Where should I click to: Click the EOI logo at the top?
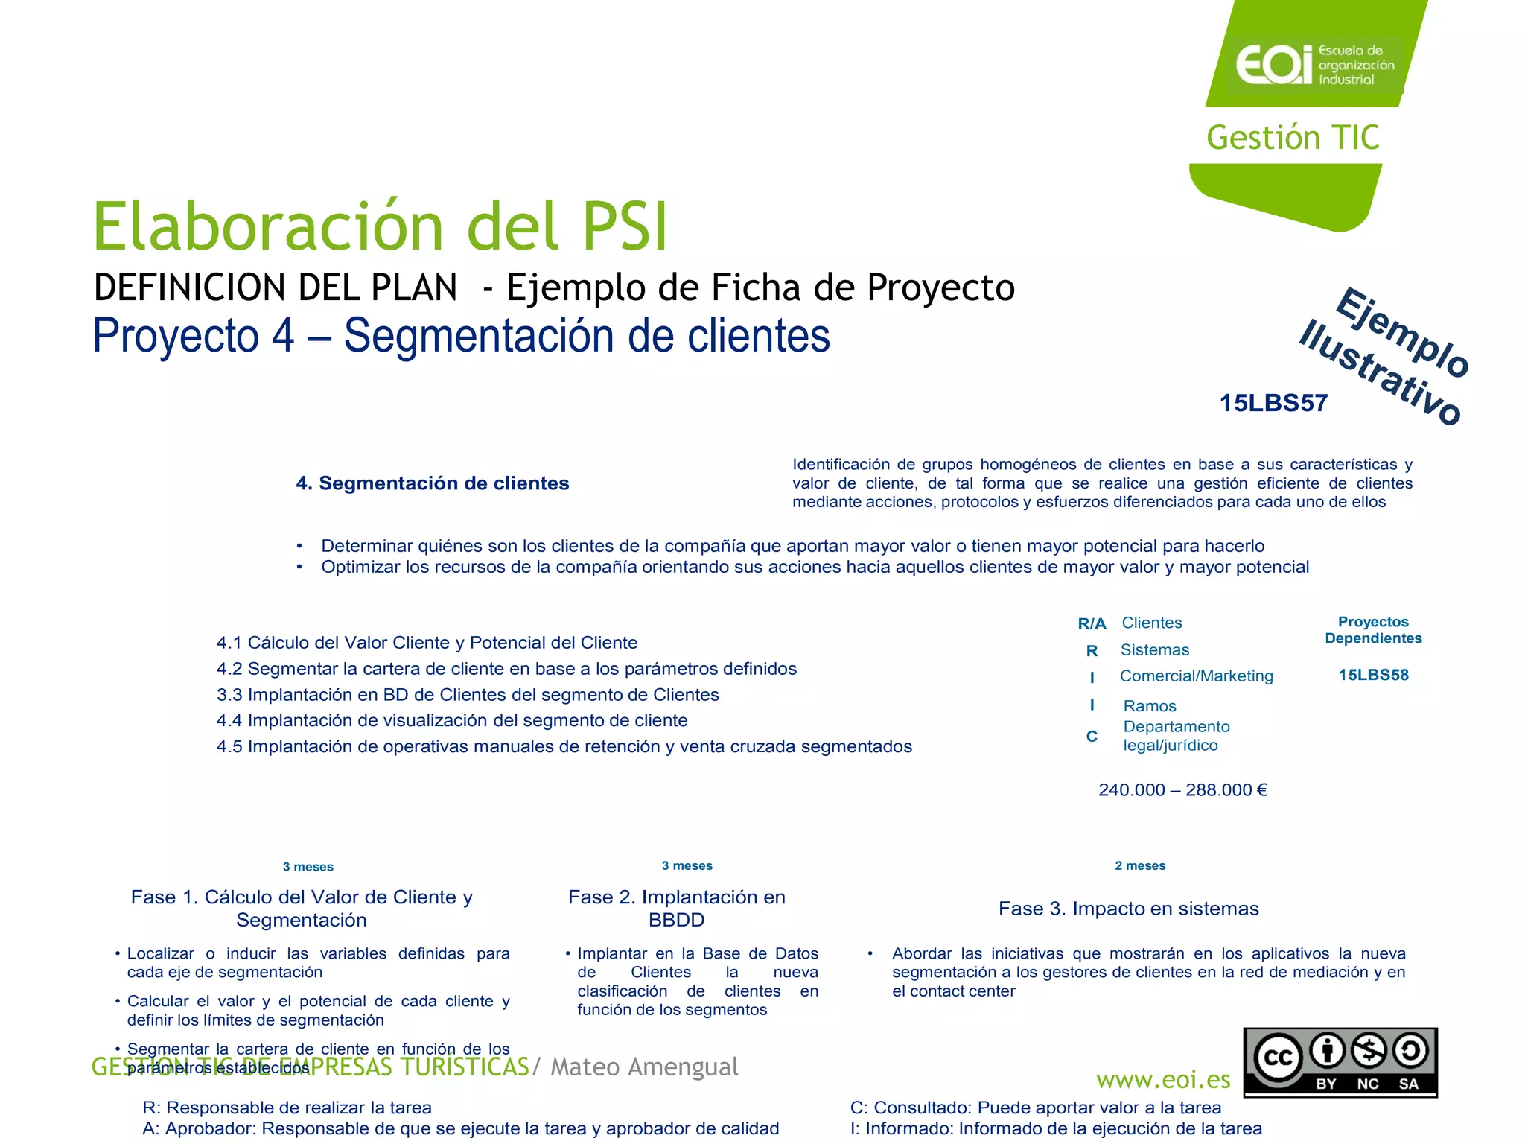1314,64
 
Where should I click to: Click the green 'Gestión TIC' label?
1293,138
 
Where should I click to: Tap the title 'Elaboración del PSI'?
380,226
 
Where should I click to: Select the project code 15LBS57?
1273,403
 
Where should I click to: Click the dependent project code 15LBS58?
1373,675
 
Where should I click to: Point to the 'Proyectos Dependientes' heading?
1373,630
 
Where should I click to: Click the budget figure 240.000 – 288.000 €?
1182,789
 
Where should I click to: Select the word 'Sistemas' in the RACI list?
1155,649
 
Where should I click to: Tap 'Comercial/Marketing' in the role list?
1197,676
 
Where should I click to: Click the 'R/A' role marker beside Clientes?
1092,623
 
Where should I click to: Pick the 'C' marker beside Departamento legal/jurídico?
1092,736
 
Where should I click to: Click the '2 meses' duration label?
1140,865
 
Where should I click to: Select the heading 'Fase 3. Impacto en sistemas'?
1128,909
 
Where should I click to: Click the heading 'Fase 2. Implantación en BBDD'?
676,908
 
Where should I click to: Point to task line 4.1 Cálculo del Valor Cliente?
427,643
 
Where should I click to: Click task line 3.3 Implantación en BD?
468,695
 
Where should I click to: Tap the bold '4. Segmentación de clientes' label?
432,483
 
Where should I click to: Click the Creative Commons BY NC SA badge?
1340,1062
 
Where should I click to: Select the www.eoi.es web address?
1163,1079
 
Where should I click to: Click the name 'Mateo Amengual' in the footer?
644,1067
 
